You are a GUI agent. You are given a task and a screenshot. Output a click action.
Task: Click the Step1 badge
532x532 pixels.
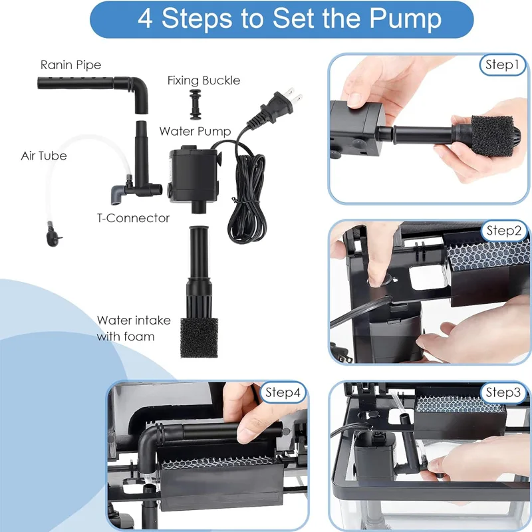[x=502, y=65]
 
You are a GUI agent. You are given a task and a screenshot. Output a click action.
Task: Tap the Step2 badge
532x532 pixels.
[x=504, y=231]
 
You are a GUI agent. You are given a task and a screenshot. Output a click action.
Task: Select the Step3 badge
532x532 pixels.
[x=503, y=392]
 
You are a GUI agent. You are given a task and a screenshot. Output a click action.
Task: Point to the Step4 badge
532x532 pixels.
[x=283, y=392]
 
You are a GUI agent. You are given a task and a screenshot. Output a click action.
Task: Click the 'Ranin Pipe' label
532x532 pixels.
[x=70, y=65]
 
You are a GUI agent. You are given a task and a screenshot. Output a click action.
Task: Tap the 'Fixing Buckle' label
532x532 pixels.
[x=203, y=80]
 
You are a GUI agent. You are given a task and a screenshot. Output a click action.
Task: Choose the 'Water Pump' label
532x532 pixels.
[x=195, y=131]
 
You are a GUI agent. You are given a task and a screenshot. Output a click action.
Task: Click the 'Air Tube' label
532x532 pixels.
[x=44, y=156]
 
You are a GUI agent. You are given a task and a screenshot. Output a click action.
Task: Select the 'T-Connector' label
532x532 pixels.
[x=133, y=218]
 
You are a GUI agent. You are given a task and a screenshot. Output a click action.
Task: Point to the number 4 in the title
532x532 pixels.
[x=145, y=19]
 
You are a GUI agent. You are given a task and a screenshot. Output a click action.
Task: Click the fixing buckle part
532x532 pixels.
[x=195, y=105]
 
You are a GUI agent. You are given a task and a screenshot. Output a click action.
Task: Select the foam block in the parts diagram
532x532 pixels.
[x=199, y=337]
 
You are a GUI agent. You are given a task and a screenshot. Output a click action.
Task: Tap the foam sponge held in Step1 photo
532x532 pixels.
[x=492, y=136]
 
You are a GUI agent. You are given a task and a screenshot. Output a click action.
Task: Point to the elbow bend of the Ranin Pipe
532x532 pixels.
[x=140, y=88]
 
